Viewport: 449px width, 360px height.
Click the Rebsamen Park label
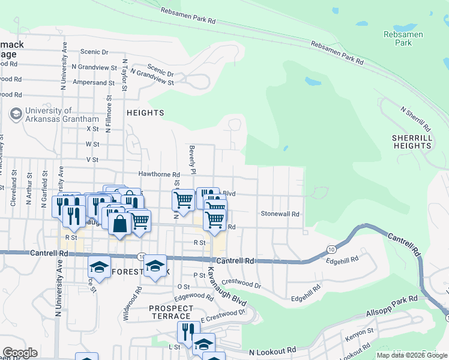click(403, 38)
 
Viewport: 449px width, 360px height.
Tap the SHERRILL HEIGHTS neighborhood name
click(412, 142)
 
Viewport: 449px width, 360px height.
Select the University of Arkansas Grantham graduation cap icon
click(16, 113)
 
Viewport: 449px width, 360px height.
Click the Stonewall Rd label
click(280, 214)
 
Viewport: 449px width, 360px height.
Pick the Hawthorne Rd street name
click(159, 174)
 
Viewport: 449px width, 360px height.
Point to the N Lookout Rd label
click(273, 350)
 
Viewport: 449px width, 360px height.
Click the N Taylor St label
click(125, 74)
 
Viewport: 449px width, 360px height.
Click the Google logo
click(20, 353)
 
